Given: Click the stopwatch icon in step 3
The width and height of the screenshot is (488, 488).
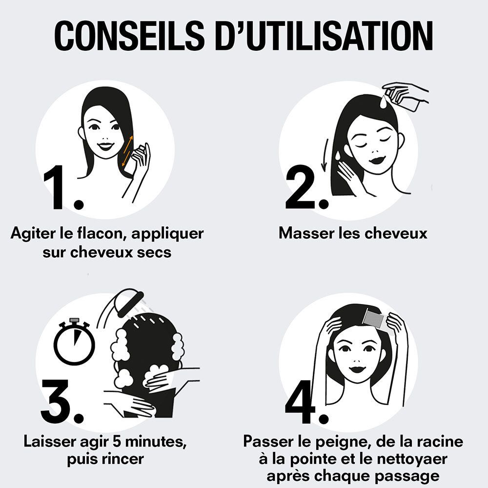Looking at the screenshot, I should pos(74,341).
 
